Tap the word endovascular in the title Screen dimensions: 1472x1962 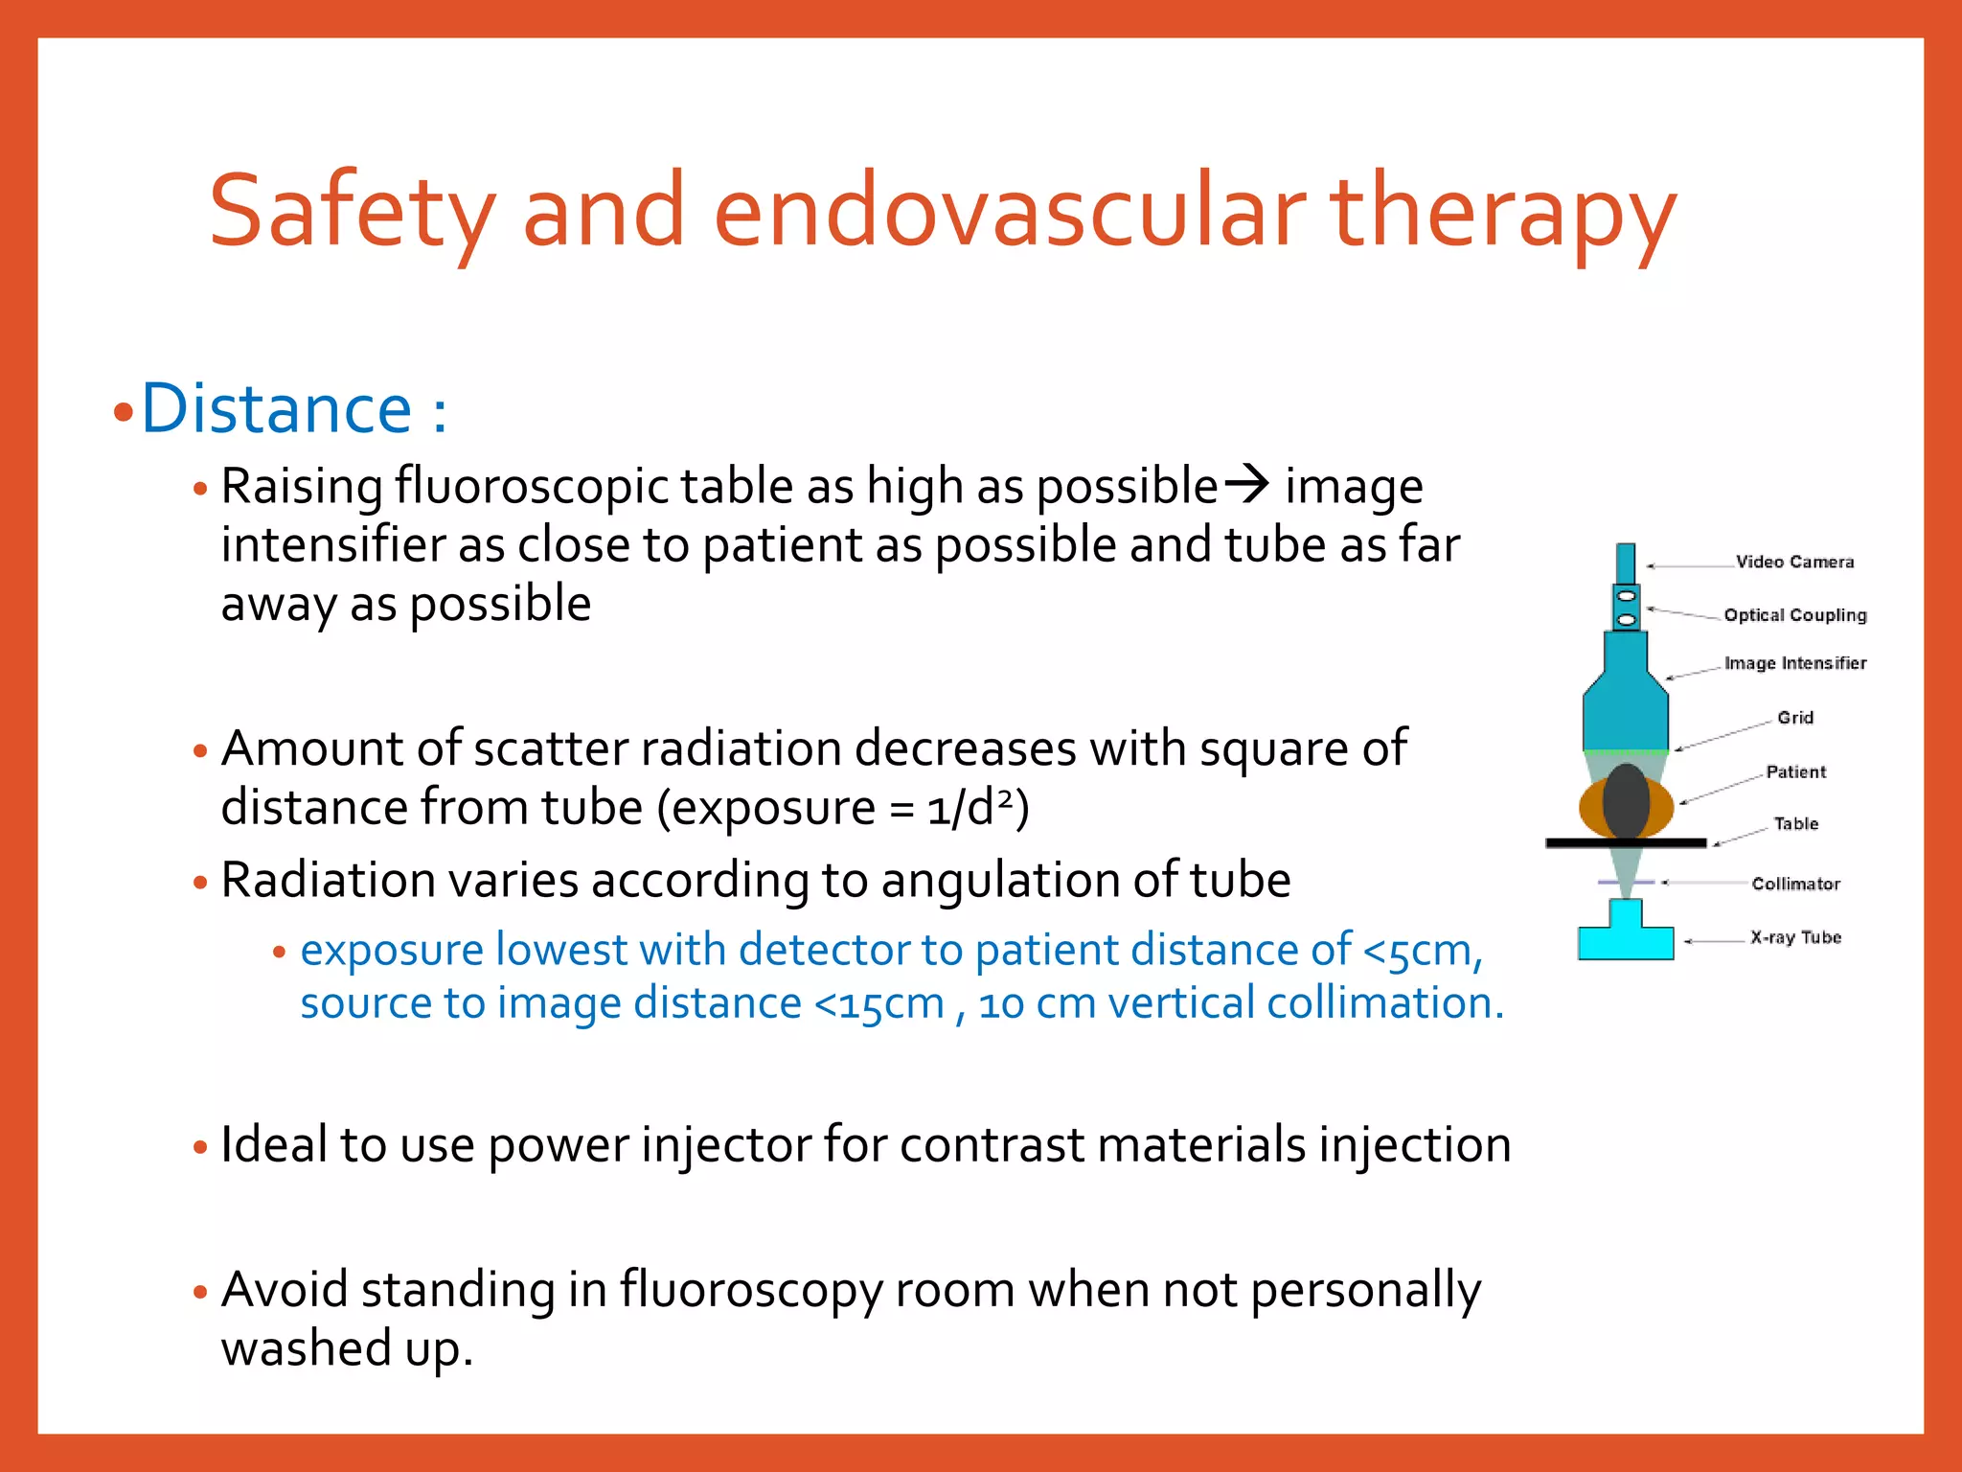1010,211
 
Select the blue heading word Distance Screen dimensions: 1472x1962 277,409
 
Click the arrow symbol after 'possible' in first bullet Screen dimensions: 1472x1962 1248,484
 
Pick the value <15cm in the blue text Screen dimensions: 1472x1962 878,1003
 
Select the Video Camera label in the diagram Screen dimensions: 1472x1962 1794,563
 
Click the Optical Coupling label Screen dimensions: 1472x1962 1794,615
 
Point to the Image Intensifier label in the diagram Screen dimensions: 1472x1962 1794,663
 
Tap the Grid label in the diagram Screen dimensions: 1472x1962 1794,718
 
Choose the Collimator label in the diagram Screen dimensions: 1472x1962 1795,884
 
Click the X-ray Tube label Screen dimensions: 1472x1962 1795,937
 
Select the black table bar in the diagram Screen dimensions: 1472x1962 1626,843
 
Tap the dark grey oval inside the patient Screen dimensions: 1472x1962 1626,801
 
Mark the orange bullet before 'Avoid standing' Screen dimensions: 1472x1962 200,1292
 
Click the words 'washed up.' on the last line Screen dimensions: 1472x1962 347,1348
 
